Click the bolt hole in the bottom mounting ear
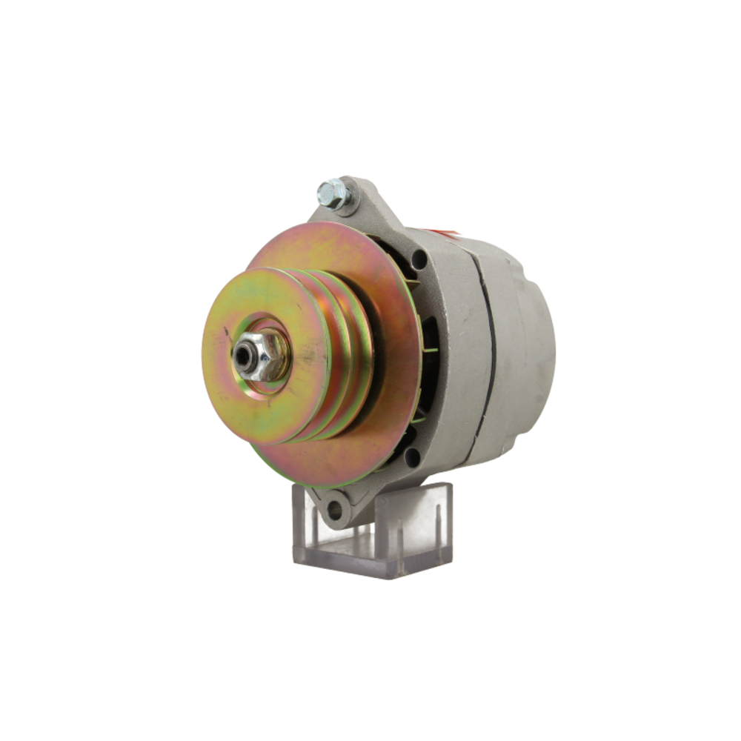point(335,509)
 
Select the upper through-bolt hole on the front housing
point(419,260)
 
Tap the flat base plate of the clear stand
point(370,563)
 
